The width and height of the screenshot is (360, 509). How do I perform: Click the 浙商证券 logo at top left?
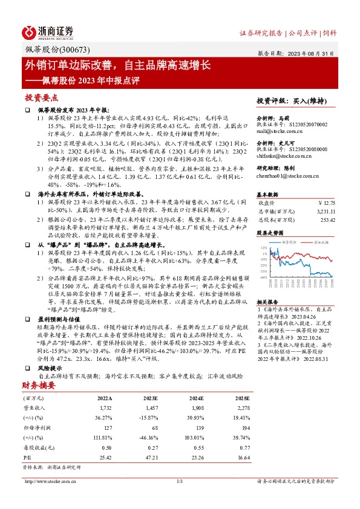48,33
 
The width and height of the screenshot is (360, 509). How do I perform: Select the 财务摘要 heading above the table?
39,384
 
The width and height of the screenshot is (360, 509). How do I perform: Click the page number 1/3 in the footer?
180,481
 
